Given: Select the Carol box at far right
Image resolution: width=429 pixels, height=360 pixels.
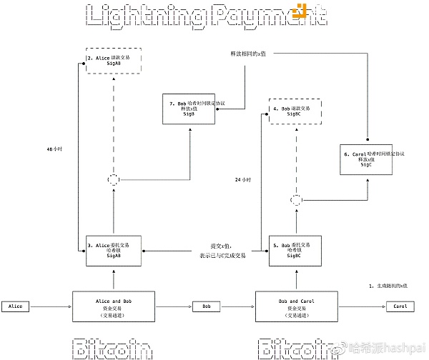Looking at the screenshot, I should tap(400, 306).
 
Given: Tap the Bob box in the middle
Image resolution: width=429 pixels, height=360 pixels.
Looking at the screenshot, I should tap(207, 306).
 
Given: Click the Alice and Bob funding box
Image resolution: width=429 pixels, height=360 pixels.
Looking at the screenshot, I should tap(114, 306).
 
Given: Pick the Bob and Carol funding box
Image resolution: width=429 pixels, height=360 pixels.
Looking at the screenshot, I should tap(296, 306).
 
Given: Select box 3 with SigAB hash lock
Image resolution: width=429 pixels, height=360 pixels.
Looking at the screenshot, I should tap(114, 250).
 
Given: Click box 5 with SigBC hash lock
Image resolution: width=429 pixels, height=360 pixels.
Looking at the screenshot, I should tap(296, 250).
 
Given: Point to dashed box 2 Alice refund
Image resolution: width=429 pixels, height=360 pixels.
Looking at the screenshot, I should tap(114, 60).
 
